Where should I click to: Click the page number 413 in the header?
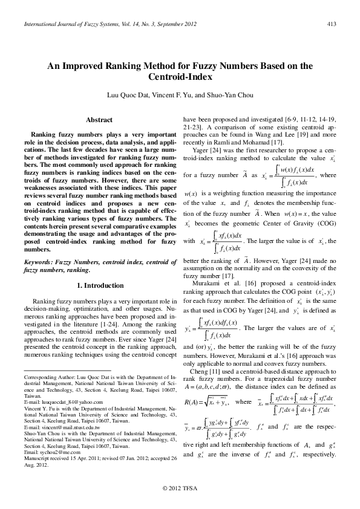click(x=332, y=24)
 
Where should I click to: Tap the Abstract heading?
click(x=100, y=120)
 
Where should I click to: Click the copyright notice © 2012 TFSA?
click(x=180, y=488)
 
